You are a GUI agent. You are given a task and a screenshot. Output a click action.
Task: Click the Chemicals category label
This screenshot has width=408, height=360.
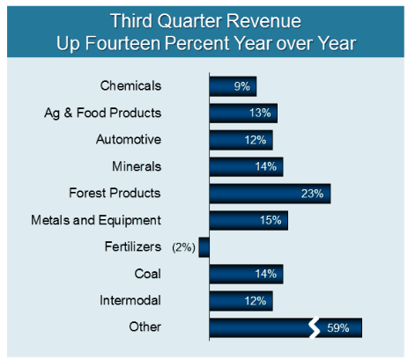tap(131, 85)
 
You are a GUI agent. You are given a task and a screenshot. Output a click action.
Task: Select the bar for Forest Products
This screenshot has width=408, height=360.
tap(269, 194)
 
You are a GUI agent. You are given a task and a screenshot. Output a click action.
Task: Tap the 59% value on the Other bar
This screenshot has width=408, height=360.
tap(338, 328)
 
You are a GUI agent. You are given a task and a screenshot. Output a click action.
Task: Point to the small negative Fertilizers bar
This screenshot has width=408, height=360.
tap(204, 247)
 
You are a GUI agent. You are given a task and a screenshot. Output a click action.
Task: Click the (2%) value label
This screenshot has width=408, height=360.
tap(182, 247)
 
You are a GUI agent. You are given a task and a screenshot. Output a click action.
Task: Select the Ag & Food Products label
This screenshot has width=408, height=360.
tap(103, 113)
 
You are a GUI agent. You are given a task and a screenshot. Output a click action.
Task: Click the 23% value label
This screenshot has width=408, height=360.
tap(312, 194)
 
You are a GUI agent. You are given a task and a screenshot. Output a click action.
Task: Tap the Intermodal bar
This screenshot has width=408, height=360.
tap(241, 301)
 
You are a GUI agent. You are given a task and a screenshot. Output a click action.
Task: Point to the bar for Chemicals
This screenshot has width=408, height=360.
tap(233, 86)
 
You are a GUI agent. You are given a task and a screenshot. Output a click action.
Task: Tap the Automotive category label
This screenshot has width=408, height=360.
tap(129, 139)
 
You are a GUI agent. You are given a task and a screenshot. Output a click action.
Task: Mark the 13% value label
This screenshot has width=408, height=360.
tap(259, 113)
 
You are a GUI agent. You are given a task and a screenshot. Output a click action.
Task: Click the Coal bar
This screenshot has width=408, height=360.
tap(246, 275)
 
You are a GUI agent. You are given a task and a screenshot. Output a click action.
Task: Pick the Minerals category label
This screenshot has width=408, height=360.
tap(137, 166)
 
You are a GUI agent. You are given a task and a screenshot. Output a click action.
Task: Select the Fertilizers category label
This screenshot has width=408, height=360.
tap(132, 247)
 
